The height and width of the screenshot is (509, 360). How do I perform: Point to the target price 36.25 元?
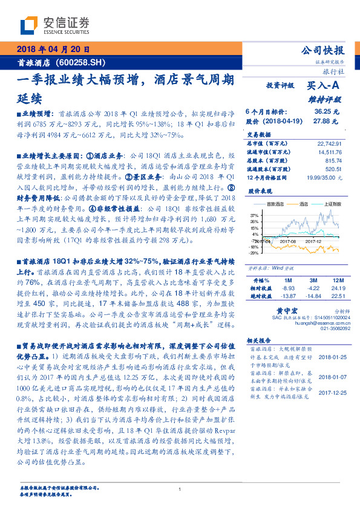click(x=326, y=112)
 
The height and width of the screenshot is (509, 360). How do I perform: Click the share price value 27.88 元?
click(x=326, y=121)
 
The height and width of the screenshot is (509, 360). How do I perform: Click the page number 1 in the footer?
click(x=180, y=490)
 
